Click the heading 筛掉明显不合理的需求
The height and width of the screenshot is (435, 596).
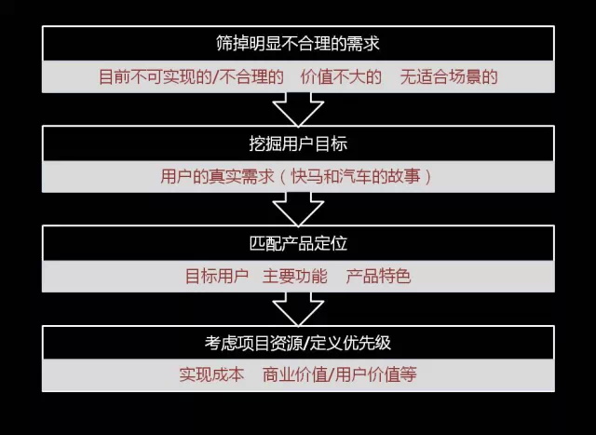pyautogui.click(x=298, y=44)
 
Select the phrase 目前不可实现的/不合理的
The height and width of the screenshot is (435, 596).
pyautogui.click(x=191, y=76)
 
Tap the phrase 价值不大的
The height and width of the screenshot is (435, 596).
pyautogui.click(x=341, y=76)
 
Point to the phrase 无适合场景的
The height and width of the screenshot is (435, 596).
pyautogui.click(x=449, y=76)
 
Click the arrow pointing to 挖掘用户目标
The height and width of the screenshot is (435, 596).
pyautogui.click(x=298, y=110)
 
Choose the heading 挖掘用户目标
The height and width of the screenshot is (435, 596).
pyautogui.click(x=298, y=143)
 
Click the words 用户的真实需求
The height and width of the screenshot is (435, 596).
pyautogui.click(x=217, y=176)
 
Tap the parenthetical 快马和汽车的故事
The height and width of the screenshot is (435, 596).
pyautogui.click(x=356, y=176)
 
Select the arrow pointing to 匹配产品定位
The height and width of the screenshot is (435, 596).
pyautogui.click(x=298, y=210)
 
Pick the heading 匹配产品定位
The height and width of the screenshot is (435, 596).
pyautogui.click(x=298, y=243)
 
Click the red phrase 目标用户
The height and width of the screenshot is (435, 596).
pyautogui.click(x=217, y=276)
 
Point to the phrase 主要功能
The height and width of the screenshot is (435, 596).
pyautogui.click(x=295, y=276)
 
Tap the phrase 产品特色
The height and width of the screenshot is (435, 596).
pyautogui.click(x=379, y=276)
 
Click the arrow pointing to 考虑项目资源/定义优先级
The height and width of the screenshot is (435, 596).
pyautogui.click(x=298, y=309)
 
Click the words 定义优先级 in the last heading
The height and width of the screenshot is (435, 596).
pyautogui.click(x=350, y=343)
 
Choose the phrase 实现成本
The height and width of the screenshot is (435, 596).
pyautogui.click(x=211, y=374)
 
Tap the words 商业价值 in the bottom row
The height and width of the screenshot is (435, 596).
pyautogui.click(x=295, y=374)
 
